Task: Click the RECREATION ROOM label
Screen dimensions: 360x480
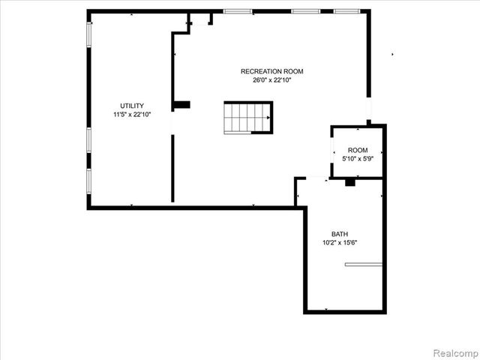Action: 272,71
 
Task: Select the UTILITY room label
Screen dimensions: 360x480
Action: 132,106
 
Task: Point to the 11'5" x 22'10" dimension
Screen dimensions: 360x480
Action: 132,114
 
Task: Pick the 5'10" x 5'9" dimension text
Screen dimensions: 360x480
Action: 358,159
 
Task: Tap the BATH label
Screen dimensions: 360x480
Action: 340,234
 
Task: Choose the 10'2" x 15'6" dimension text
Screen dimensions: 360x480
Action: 340,242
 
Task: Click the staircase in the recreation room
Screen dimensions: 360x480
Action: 248,118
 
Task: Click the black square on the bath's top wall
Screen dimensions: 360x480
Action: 349,182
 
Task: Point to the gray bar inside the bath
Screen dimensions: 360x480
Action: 364,264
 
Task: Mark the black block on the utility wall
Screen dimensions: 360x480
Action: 181,105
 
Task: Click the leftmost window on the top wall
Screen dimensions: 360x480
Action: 238,11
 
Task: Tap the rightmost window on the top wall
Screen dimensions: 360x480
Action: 346,11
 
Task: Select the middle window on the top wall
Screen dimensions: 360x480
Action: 305,11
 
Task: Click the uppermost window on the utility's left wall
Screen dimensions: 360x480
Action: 89,33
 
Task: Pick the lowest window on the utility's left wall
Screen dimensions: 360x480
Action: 89,181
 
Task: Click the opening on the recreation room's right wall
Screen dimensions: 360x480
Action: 368,110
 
